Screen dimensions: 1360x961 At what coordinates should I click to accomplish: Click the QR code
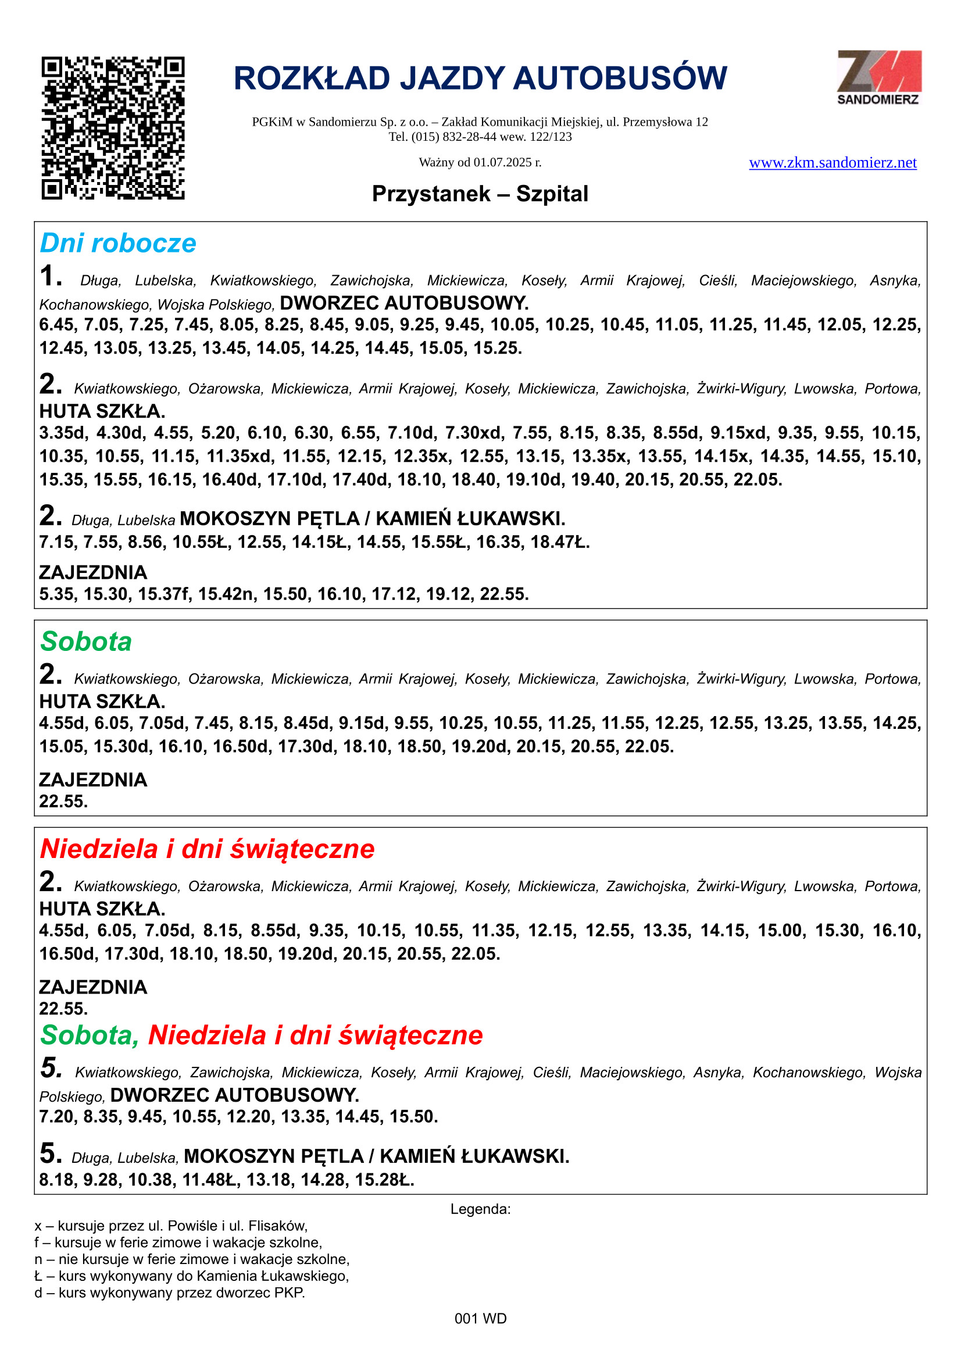[113, 128]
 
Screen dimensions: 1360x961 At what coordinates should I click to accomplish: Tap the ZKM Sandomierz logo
[878, 77]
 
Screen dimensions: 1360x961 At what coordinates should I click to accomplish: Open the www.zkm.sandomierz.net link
[833, 163]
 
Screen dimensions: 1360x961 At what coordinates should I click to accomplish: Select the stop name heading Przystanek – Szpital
[480, 194]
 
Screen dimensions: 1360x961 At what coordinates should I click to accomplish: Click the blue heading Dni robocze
[118, 244]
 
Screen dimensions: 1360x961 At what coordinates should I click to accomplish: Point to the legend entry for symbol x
[171, 1226]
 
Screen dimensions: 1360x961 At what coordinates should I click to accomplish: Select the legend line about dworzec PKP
[170, 1293]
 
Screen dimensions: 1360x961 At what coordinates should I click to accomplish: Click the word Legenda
[480, 1209]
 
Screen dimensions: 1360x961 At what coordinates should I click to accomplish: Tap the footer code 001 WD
[480, 1319]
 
